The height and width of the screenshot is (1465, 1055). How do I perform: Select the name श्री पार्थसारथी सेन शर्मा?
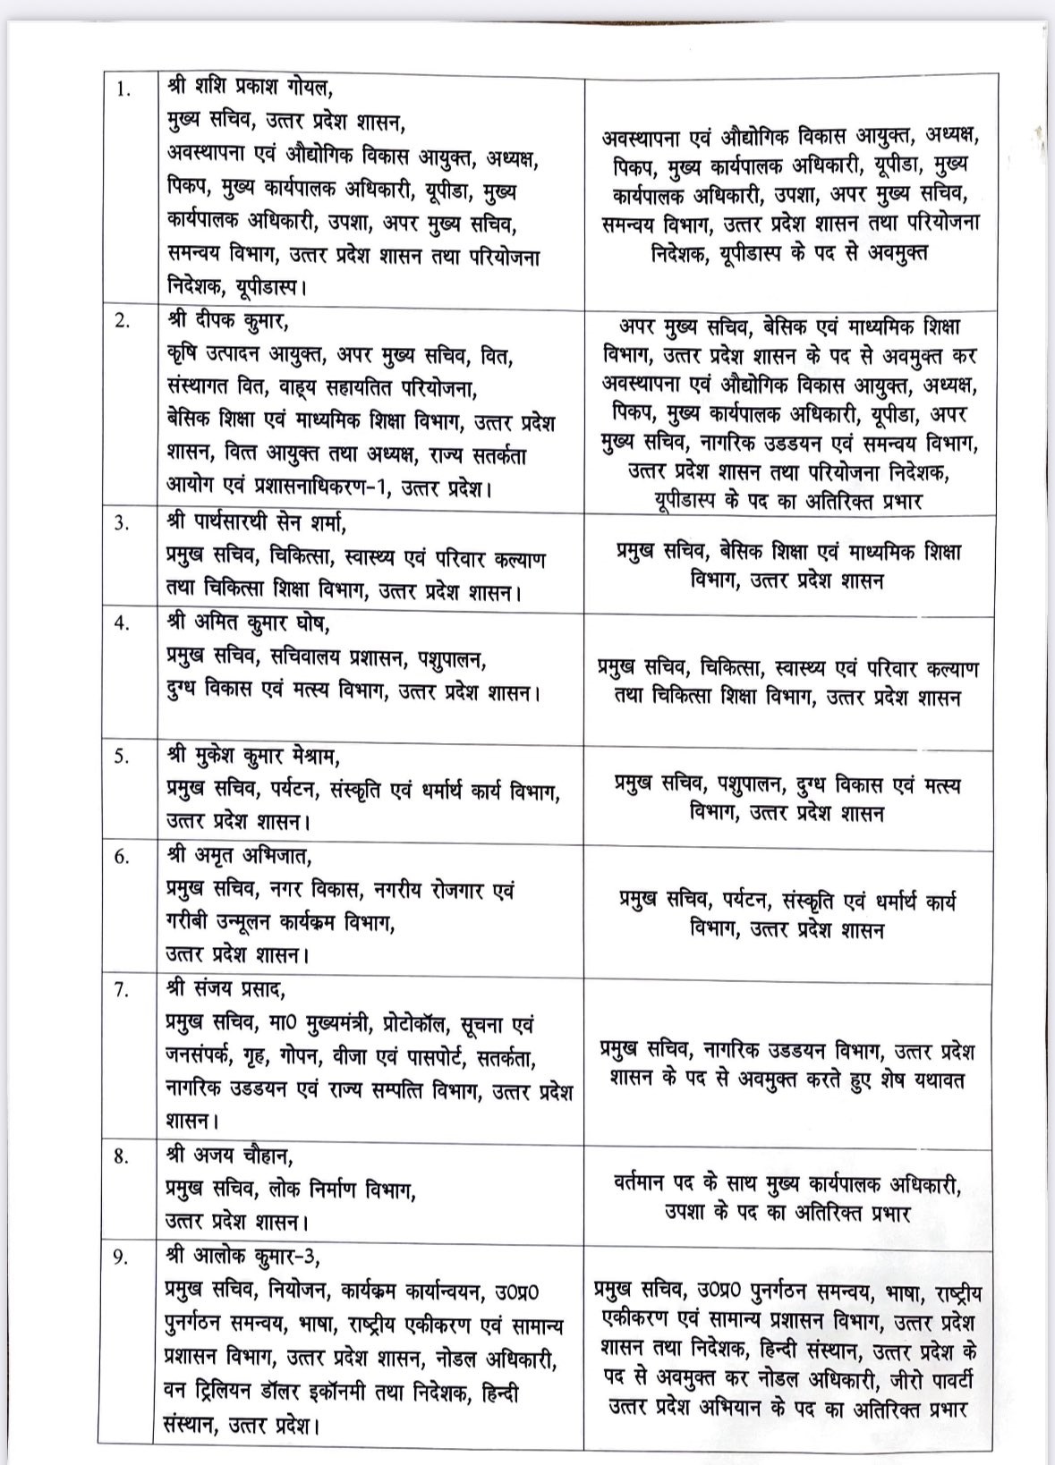point(258,523)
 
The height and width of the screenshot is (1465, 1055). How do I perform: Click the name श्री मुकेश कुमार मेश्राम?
point(253,758)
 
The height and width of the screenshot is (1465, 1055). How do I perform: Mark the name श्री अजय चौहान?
point(223,1156)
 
